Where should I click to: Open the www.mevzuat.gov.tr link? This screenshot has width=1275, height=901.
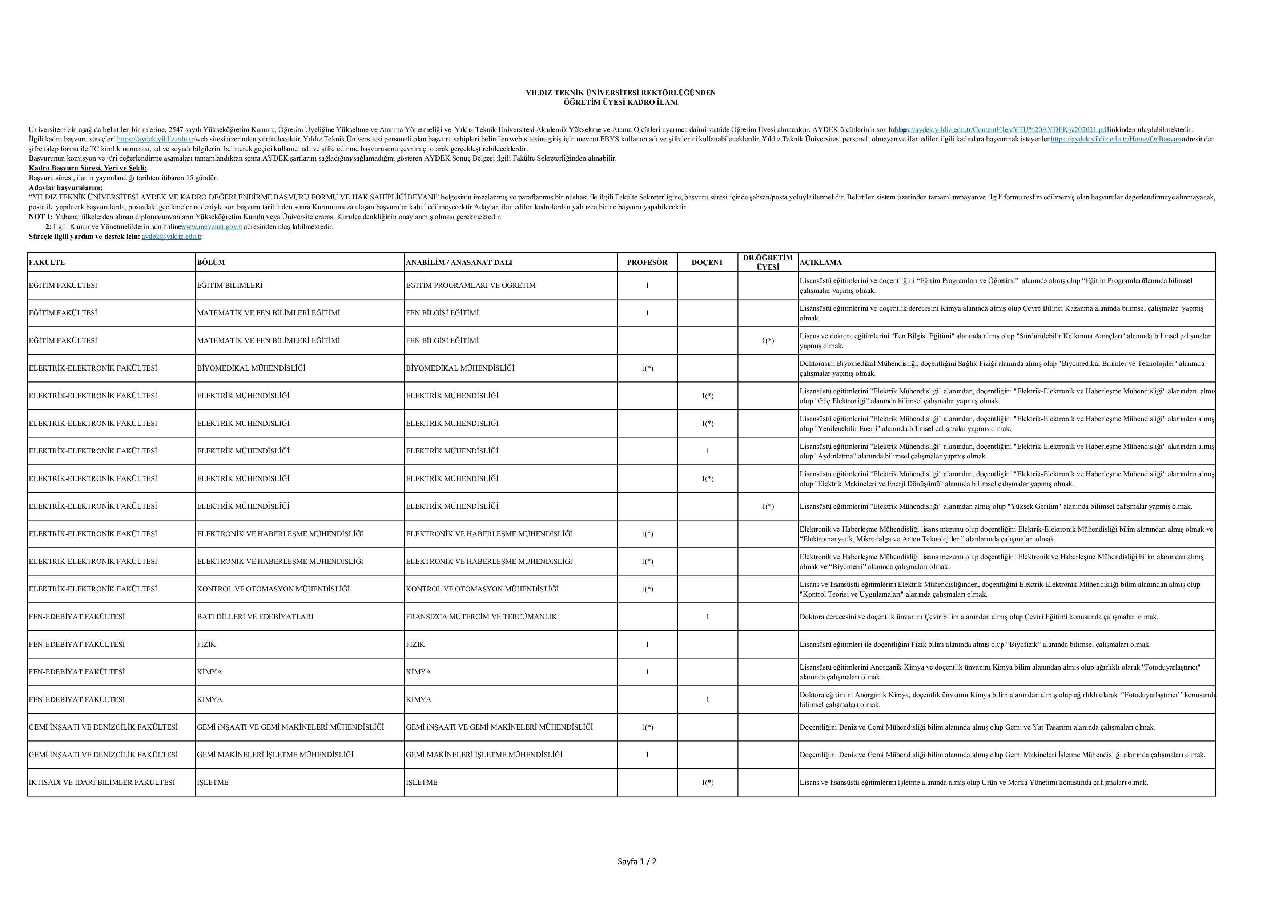(212, 226)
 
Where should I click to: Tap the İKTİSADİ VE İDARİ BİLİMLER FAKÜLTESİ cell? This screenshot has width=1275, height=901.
(102, 782)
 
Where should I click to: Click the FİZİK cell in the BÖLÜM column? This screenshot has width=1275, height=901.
(206, 645)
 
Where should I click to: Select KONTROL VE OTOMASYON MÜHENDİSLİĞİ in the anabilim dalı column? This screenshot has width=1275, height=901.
(482, 589)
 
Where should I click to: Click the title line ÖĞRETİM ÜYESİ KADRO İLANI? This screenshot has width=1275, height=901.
(620, 102)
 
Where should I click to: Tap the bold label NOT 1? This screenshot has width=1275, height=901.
(41, 217)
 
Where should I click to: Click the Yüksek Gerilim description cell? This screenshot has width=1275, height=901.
(995, 506)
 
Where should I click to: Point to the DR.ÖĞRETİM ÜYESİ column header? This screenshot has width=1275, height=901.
(768, 262)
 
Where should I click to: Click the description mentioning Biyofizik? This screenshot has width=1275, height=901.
(974, 645)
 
